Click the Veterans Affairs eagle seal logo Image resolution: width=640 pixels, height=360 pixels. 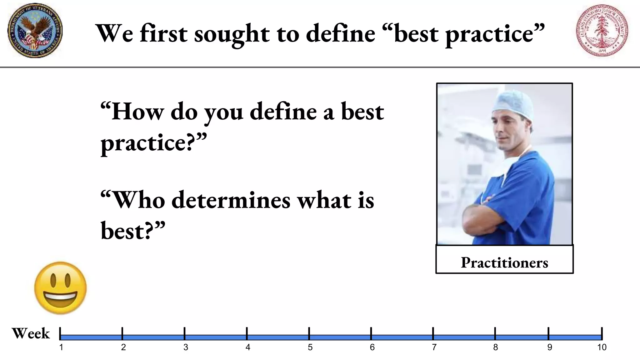tap(35, 31)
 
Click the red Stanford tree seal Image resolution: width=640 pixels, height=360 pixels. tap(602, 31)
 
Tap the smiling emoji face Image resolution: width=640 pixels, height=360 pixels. tap(60, 288)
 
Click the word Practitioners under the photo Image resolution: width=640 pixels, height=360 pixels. tap(504, 262)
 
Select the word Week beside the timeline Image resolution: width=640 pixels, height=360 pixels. tap(31, 333)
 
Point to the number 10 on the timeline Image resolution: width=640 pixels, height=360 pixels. tap(602, 347)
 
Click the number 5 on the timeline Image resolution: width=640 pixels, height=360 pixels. tap(310, 347)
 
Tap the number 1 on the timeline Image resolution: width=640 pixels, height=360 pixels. tap(61, 347)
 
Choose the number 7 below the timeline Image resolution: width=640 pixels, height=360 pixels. tap(434, 347)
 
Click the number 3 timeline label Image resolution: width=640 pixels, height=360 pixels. tap(186, 347)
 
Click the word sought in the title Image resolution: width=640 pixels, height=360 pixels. tap(232, 34)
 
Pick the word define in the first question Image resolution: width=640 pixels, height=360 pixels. tap(283, 112)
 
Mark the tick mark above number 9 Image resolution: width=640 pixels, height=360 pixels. tap(548, 333)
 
